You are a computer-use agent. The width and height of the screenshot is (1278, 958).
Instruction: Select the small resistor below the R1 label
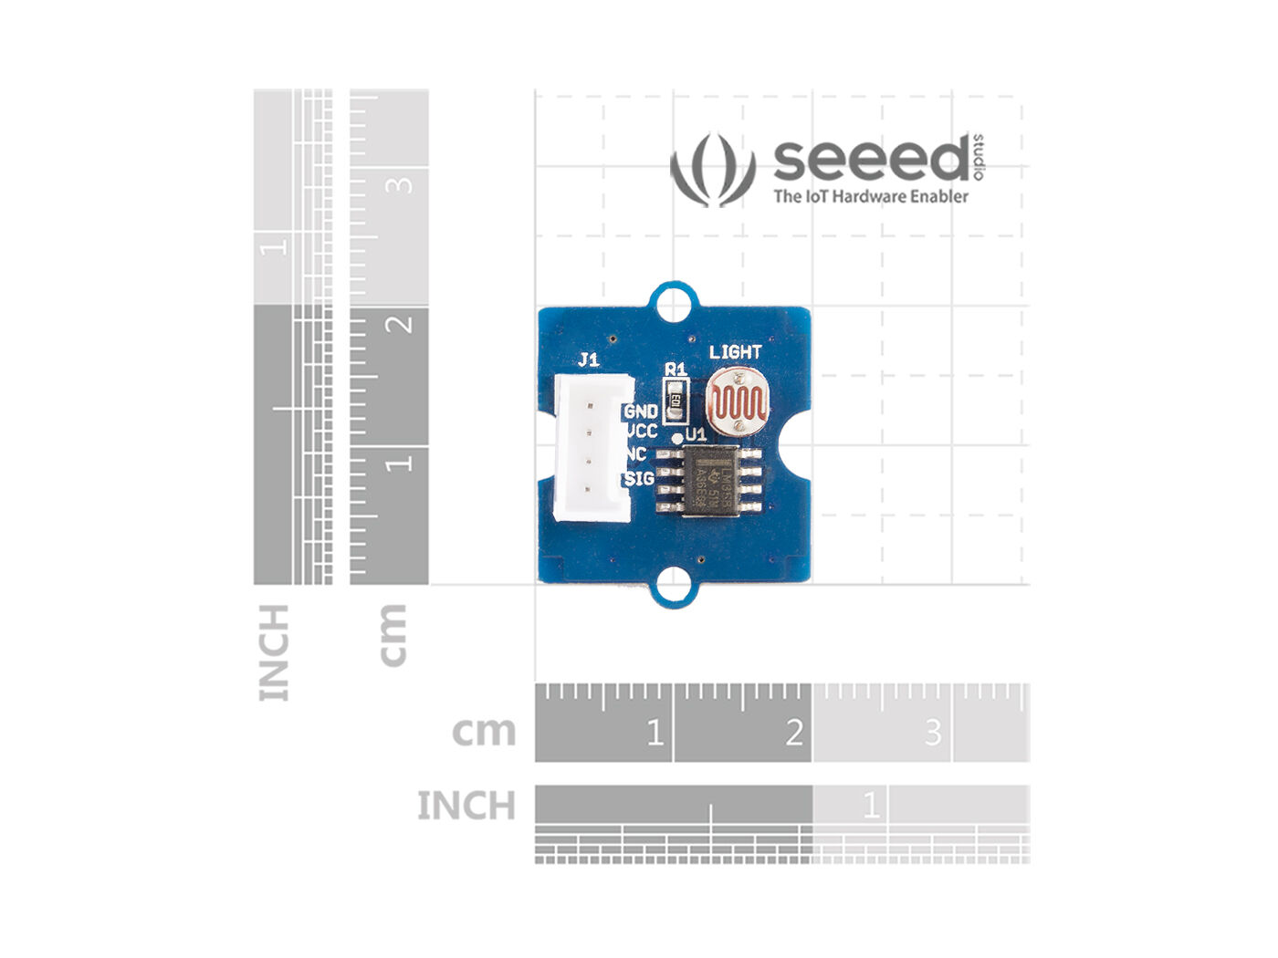[x=676, y=399]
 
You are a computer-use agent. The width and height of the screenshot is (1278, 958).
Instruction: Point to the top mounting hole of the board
[x=673, y=301]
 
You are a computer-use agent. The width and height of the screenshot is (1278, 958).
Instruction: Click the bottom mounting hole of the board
[x=673, y=585]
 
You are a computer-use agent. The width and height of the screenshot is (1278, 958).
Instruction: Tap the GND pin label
[x=641, y=411]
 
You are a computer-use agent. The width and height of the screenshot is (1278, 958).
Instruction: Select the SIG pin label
[x=639, y=478]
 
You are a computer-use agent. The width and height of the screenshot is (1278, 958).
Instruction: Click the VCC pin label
[x=641, y=432]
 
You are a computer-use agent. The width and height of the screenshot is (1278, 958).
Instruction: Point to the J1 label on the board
[x=589, y=359]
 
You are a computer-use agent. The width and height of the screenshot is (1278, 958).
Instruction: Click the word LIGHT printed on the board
[x=735, y=351]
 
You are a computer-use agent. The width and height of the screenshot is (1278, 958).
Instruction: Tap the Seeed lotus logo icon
[x=713, y=170]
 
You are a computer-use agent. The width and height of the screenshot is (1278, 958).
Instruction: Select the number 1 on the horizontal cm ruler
[x=654, y=732]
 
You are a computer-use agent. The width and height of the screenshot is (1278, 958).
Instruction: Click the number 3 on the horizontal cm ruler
[x=932, y=732]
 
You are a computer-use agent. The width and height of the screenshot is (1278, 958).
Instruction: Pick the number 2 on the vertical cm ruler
[x=399, y=324]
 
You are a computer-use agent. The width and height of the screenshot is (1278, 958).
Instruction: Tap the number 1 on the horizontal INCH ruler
[x=871, y=806]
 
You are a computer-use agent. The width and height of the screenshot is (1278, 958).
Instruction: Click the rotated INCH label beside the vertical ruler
[x=274, y=652]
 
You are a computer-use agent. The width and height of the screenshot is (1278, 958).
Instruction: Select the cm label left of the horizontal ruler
[x=484, y=732]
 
